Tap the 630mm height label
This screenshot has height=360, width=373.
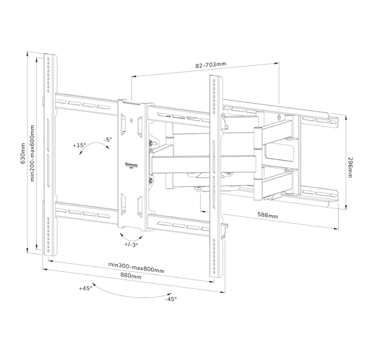pyautogui.click(x=23, y=153)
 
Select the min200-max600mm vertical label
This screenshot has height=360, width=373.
pyautogui.click(x=32, y=153)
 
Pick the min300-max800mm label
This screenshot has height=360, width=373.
pyautogui.click(x=136, y=267)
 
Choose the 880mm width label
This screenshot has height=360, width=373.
pyautogui.click(x=130, y=276)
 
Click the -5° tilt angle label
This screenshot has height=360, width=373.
pyautogui.click(x=107, y=140)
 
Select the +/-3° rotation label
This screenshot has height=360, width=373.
pyautogui.click(x=131, y=244)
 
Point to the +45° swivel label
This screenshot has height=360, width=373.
pyautogui.click(x=86, y=288)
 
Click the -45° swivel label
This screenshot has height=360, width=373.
pyautogui.click(x=171, y=299)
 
